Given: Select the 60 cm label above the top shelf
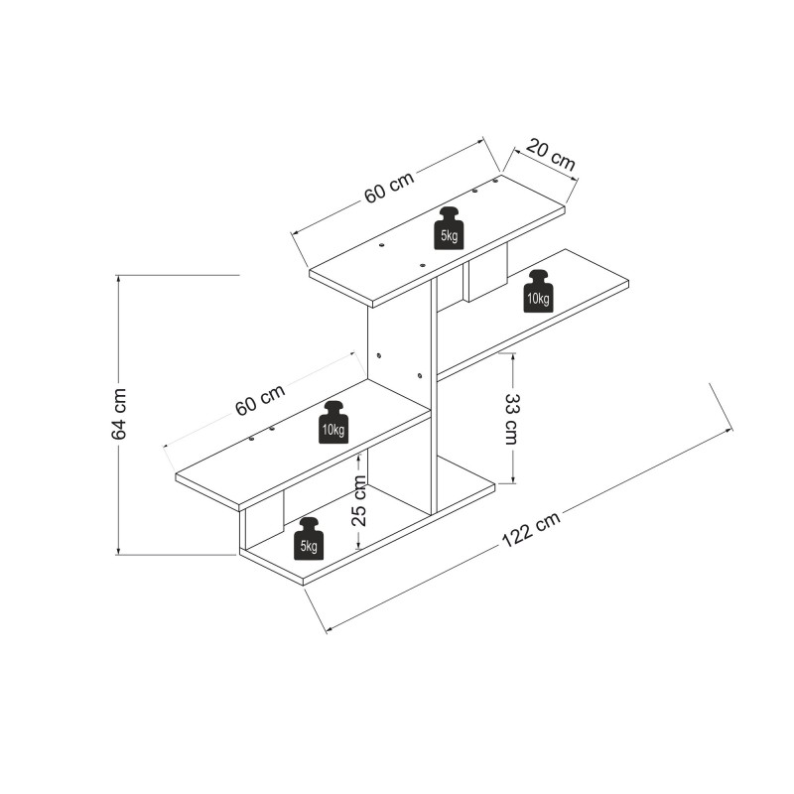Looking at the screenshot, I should click(x=388, y=188).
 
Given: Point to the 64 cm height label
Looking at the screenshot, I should click(x=119, y=415).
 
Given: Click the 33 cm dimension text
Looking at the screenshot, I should click(x=512, y=418).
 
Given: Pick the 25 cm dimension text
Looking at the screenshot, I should click(x=359, y=501).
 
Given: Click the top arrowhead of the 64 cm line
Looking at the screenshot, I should click(x=119, y=279).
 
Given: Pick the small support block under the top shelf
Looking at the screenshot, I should click(x=485, y=273).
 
